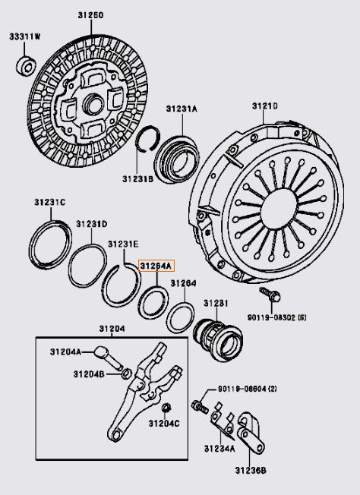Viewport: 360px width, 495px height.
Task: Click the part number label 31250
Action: tap(90, 15)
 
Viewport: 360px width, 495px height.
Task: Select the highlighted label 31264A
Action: tap(156, 266)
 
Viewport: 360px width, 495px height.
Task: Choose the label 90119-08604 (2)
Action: tap(247, 389)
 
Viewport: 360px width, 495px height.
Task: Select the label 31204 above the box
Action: tap(112, 328)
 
